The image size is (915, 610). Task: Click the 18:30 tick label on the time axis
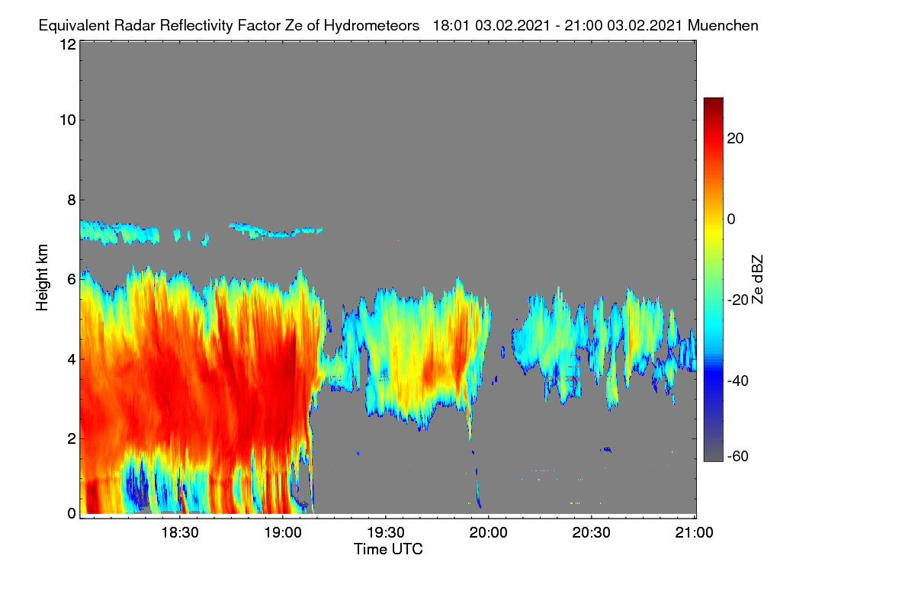click(180, 533)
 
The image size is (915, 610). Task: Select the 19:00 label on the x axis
click(283, 533)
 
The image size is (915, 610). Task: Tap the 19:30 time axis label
click(386, 533)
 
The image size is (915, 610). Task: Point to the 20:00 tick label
click(489, 533)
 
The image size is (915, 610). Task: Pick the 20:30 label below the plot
click(592, 533)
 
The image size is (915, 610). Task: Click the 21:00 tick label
click(695, 533)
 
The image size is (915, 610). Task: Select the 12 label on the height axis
click(68, 44)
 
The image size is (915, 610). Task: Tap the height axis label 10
click(68, 120)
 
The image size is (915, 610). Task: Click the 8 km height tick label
click(72, 201)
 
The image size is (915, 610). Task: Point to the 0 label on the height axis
click(72, 514)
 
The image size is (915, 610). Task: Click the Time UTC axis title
click(388, 550)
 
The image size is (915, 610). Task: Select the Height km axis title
click(42, 278)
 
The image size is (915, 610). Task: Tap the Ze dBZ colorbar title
click(757, 280)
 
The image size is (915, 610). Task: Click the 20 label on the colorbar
click(735, 139)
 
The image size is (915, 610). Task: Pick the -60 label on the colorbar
click(738, 457)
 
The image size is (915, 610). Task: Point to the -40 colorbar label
click(738, 380)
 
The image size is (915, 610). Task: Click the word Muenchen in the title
click(723, 26)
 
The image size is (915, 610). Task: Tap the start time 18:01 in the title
click(451, 26)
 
